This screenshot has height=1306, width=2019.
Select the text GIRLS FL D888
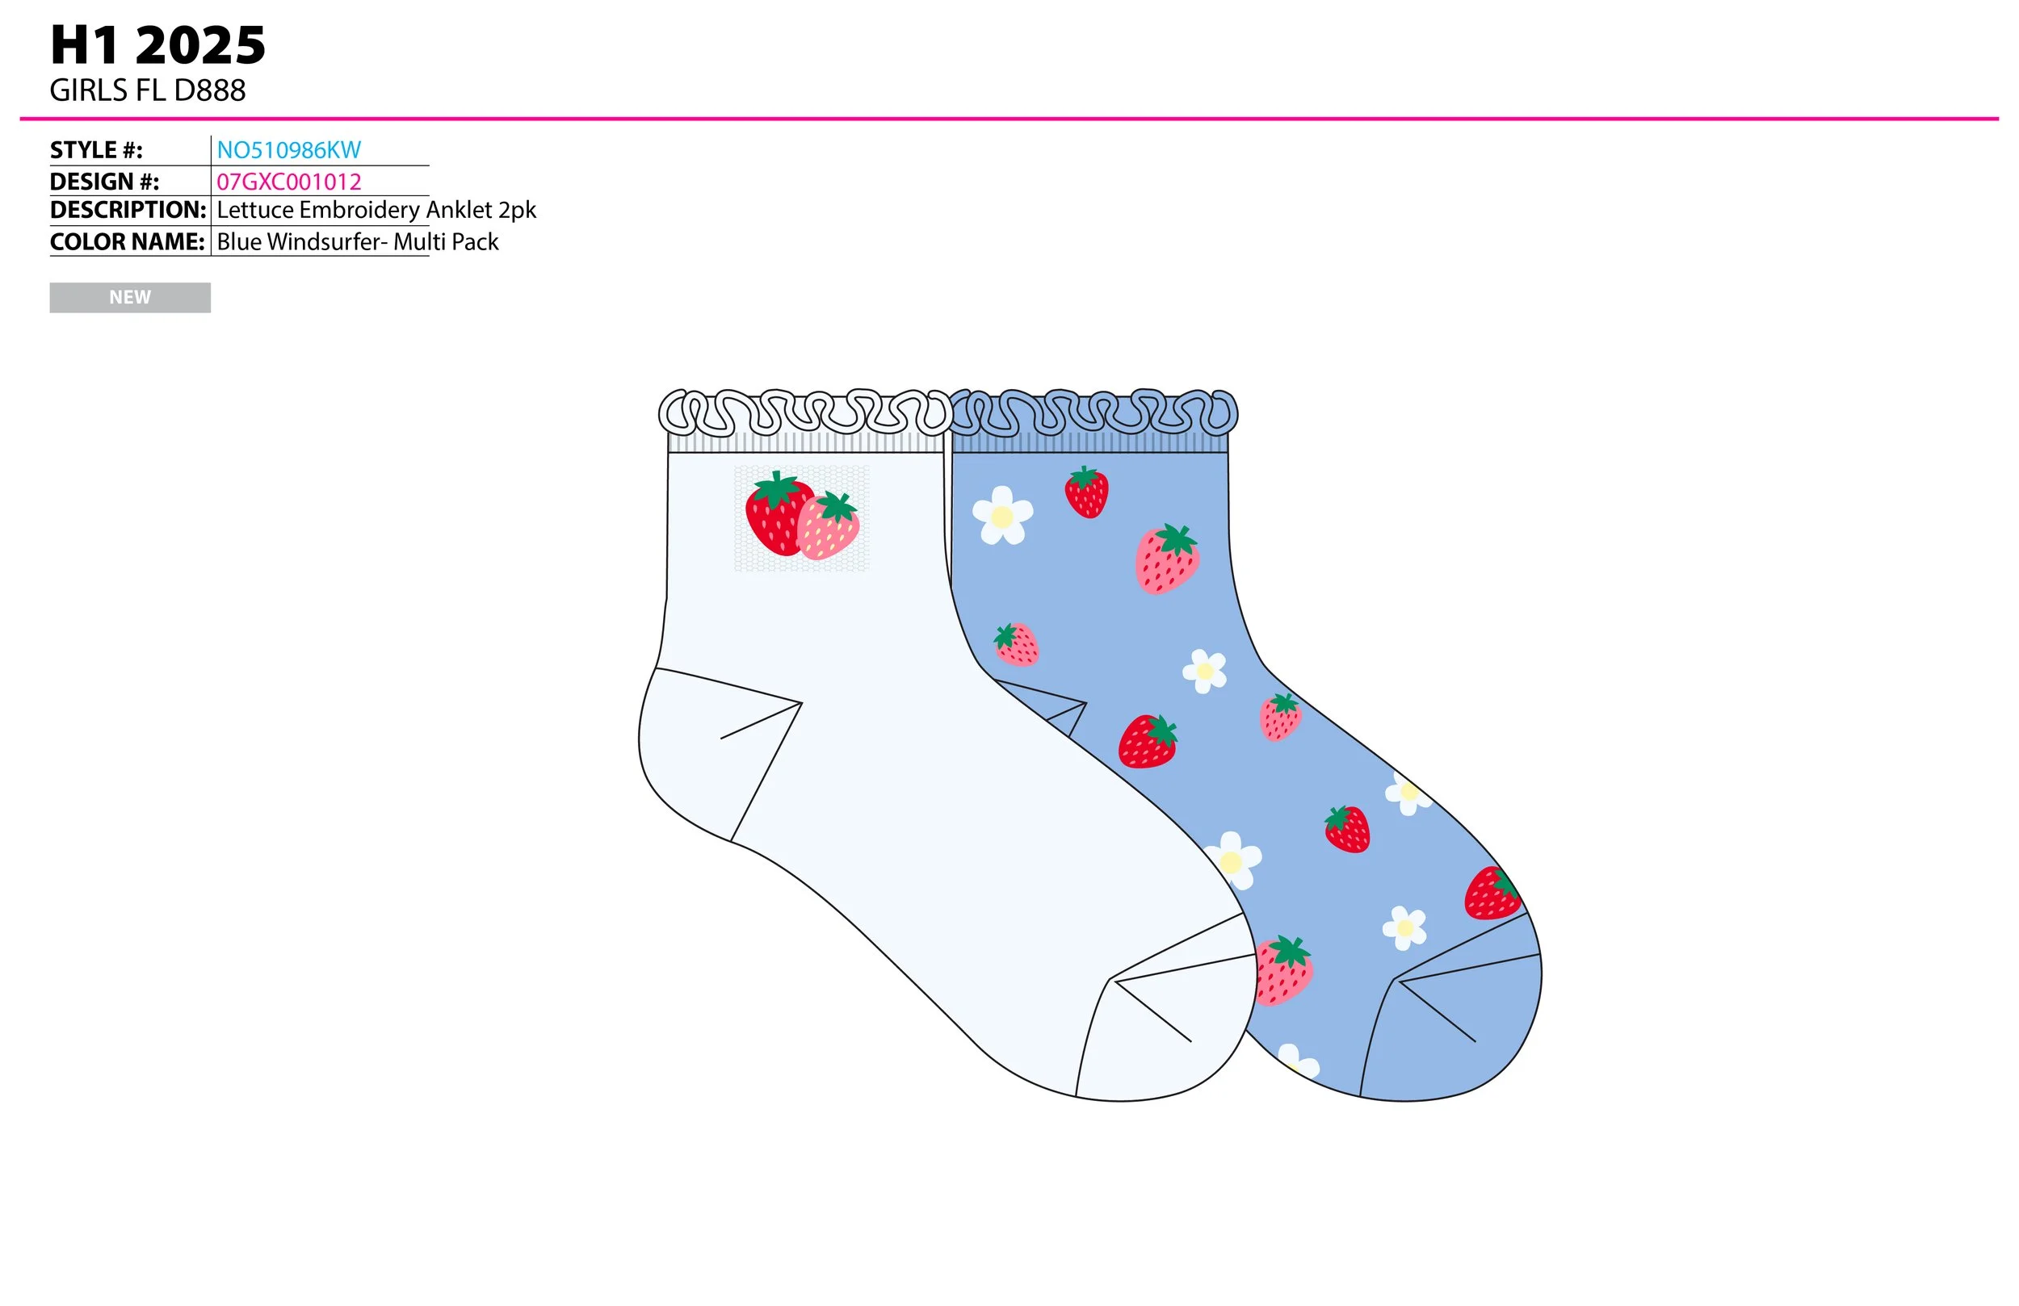click(x=148, y=90)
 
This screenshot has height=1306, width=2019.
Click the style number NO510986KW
click(x=288, y=150)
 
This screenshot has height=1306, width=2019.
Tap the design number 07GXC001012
click(x=288, y=182)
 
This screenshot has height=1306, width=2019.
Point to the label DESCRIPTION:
click(x=128, y=210)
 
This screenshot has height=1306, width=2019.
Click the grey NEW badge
click(x=130, y=298)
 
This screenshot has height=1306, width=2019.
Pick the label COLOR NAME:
click(x=128, y=241)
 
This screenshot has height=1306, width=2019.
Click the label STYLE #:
click(x=96, y=150)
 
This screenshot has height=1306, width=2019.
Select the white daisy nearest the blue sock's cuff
click(x=1002, y=515)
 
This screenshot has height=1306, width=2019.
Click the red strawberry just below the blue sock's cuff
click(x=1087, y=492)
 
